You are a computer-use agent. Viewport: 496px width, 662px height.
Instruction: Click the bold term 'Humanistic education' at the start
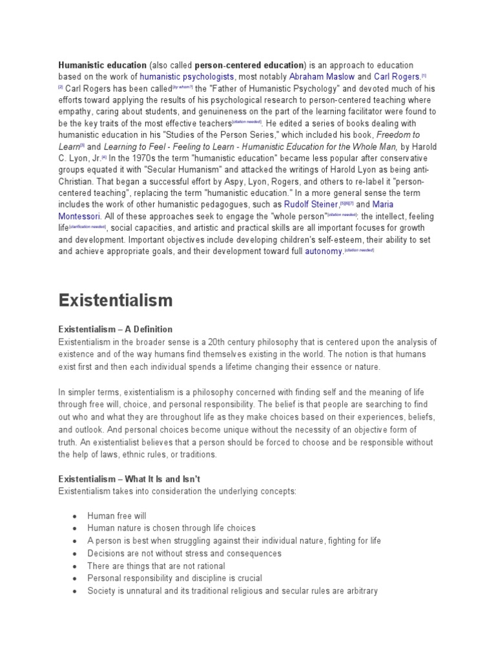click(102, 65)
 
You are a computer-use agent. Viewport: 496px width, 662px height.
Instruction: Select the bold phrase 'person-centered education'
click(249, 65)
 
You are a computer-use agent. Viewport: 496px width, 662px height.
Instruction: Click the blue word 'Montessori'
click(81, 217)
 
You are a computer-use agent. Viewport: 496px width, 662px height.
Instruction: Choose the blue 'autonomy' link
click(323, 251)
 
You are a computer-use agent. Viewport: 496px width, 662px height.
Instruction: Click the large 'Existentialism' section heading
click(116, 299)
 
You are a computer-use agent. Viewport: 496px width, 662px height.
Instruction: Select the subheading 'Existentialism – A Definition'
click(116, 329)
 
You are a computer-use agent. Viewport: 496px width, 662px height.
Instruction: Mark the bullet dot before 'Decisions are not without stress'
click(75, 554)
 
